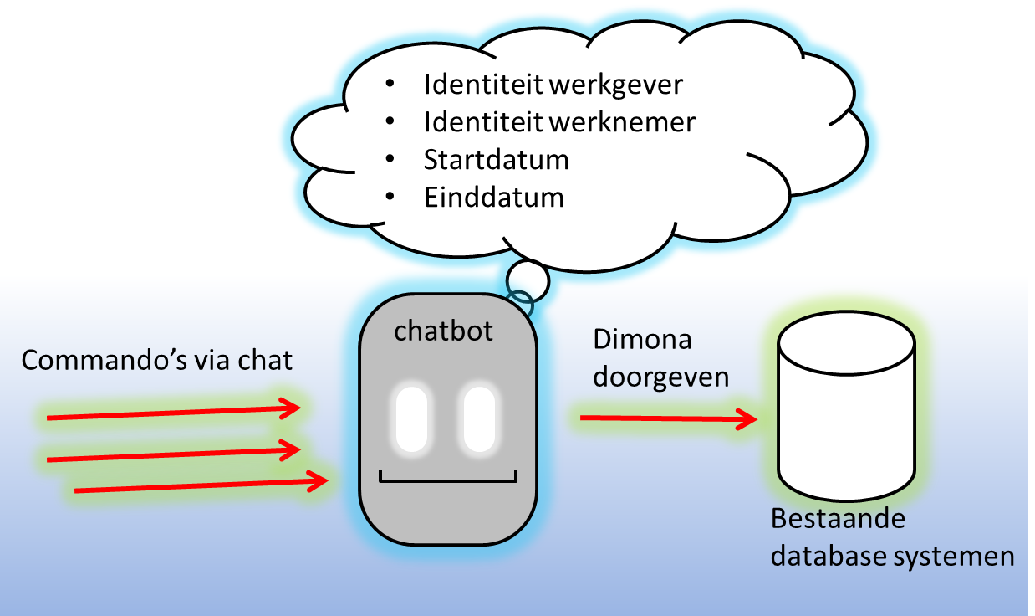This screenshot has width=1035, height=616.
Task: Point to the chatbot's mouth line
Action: [448, 480]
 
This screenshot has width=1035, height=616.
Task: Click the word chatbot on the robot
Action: [443, 331]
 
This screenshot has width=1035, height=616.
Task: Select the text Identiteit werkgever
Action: [553, 85]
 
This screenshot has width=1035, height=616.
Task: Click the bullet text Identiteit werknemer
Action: [559, 122]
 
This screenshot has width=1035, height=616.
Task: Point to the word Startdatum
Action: [497, 159]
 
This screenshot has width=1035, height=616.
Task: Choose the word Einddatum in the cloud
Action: [493, 198]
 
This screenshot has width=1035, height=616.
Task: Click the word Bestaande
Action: [838, 518]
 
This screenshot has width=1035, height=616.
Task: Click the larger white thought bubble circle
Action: [528, 280]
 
